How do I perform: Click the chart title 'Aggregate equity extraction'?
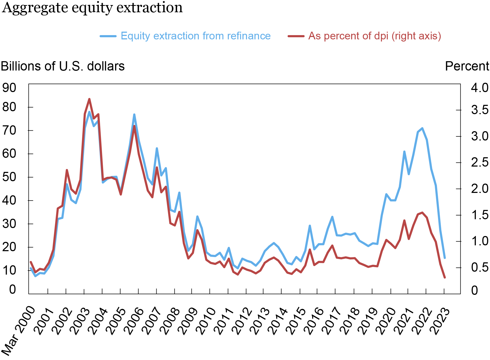[92, 7]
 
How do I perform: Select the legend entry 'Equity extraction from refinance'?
[195, 36]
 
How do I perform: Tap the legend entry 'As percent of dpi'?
[374, 36]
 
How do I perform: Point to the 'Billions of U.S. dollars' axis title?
[63, 66]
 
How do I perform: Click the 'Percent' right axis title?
[467, 66]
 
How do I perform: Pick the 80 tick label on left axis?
[9, 107]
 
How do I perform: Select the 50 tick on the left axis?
[9, 177]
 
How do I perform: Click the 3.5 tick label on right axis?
[480, 110]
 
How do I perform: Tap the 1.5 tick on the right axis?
[480, 215]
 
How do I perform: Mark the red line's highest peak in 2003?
[89, 99]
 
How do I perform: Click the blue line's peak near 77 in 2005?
[134, 115]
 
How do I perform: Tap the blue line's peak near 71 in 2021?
[422, 128]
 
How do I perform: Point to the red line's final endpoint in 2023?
[445, 278]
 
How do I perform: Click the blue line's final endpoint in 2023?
[445, 258]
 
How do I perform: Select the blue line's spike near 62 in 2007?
[157, 148]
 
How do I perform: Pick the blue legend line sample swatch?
[108, 36]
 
